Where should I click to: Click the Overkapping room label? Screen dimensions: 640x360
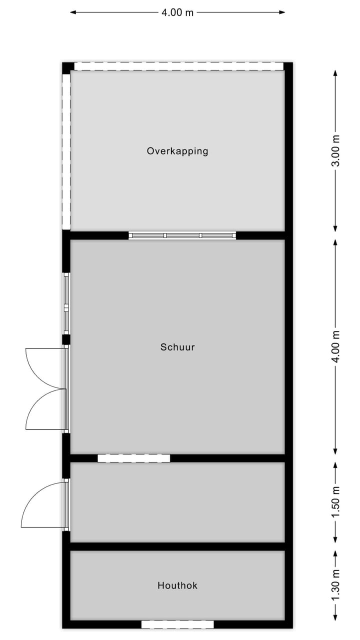click(177, 150)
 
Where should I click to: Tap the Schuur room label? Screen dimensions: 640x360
click(177, 346)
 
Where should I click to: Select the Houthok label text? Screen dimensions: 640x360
click(177, 585)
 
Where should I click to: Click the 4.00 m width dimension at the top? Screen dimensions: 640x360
click(177, 12)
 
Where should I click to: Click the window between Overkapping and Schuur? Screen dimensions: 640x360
click(182, 235)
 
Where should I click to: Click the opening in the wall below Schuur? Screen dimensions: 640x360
click(134, 458)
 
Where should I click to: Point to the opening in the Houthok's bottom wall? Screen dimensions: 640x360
click(177, 624)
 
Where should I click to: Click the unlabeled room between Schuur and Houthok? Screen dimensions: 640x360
click(177, 502)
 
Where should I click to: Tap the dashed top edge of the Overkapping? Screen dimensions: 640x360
click(178, 66)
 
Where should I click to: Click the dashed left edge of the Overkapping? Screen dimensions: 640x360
click(66, 150)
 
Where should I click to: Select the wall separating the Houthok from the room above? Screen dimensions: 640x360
click(177, 546)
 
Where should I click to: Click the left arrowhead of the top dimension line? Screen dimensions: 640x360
click(73, 12)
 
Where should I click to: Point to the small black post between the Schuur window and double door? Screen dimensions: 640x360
click(66, 339)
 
